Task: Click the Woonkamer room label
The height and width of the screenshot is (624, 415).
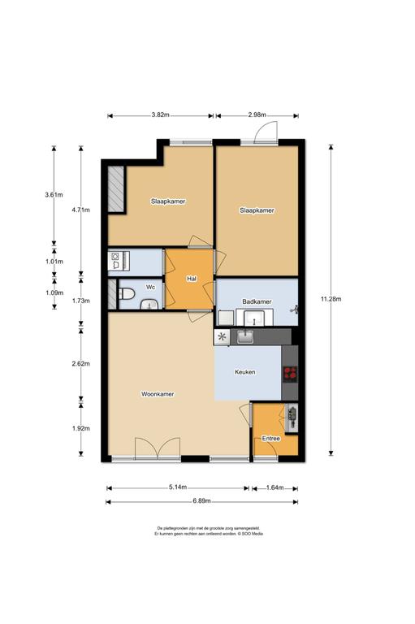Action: pyautogui.click(x=158, y=394)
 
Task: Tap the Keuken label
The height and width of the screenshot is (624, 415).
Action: pyautogui.click(x=245, y=372)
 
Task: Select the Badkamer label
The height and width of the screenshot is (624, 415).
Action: pyautogui.click(x=257, y=301)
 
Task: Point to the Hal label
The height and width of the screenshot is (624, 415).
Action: pyautogui.click(x=192, y=279)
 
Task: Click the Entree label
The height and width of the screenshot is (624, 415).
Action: pyautogui.click(x=271, y=439)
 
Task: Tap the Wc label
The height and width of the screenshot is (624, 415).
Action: pyautogui.click(x=150, y=287)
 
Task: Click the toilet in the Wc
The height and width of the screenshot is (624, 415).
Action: pyautogui.click(x=127, y=294)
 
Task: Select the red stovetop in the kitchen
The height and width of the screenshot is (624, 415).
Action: pyautogui.click(x=290, y=374)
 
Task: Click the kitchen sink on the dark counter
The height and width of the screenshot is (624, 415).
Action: pyautogui.click(x=246, y=337)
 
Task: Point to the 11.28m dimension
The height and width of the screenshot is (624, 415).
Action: pyautogui.click(x=331, y=298)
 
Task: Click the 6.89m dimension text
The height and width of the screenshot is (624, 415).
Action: pyautogui.click(x=201, y=501)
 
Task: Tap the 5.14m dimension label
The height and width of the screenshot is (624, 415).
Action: pyautogui.click(x=178, y=487)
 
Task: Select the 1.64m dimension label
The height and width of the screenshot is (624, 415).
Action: pyautogui.click(x=275, y=487)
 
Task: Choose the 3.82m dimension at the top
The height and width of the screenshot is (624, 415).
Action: pyautogui.click(x=160, y=115)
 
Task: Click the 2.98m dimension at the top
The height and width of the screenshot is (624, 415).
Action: pyautogui.click(x=257, y=115)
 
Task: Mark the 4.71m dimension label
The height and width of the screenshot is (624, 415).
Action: pyautogui.click(x=80, y=210)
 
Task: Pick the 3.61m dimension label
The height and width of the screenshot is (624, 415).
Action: pyautogui.click(x=54, y=195)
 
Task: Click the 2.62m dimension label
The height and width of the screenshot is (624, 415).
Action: pyautogui.click(x=80, y=363)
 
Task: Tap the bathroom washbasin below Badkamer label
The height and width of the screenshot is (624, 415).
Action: pyautogui.click(x=254, y=318)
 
